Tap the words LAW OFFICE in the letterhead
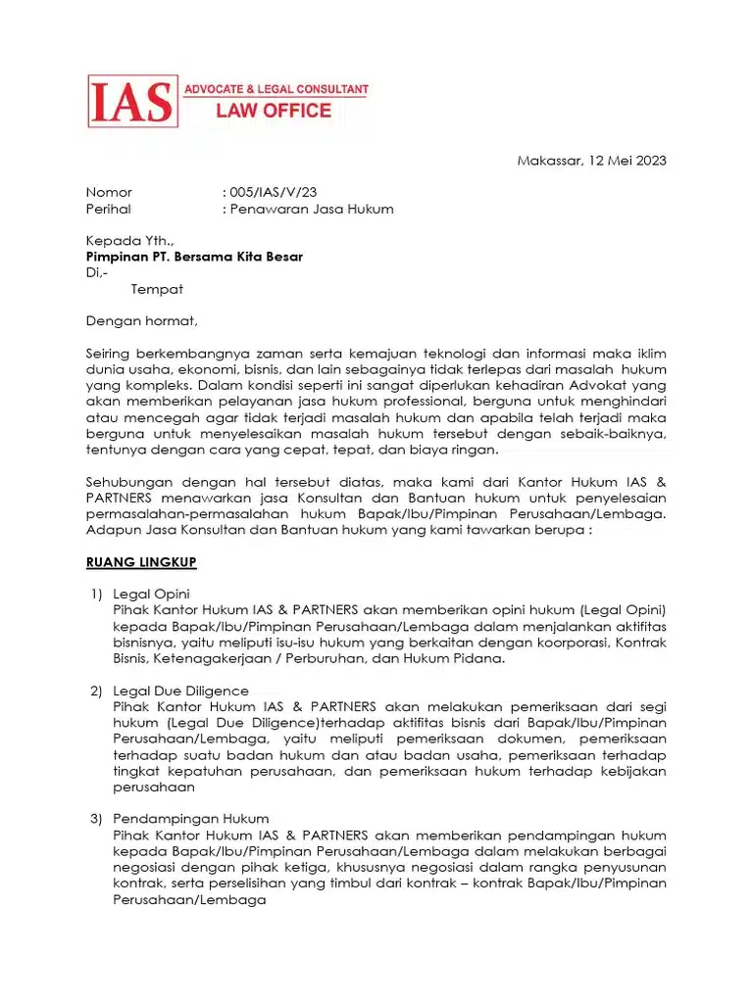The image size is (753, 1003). tap(274, 111)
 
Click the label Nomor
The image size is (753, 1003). tap(109, 192)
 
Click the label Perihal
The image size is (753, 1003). tap(109, 209)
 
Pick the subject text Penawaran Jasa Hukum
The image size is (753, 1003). tap(312, 209)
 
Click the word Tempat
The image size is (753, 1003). tap(157, 289)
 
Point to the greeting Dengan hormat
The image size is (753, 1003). tap(141, 320)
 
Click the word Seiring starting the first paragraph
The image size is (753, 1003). tap(109, 354)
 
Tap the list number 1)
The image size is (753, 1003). tap(96, 594)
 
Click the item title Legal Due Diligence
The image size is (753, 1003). tap(181, 691)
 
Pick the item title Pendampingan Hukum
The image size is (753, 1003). tap(190, 818)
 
